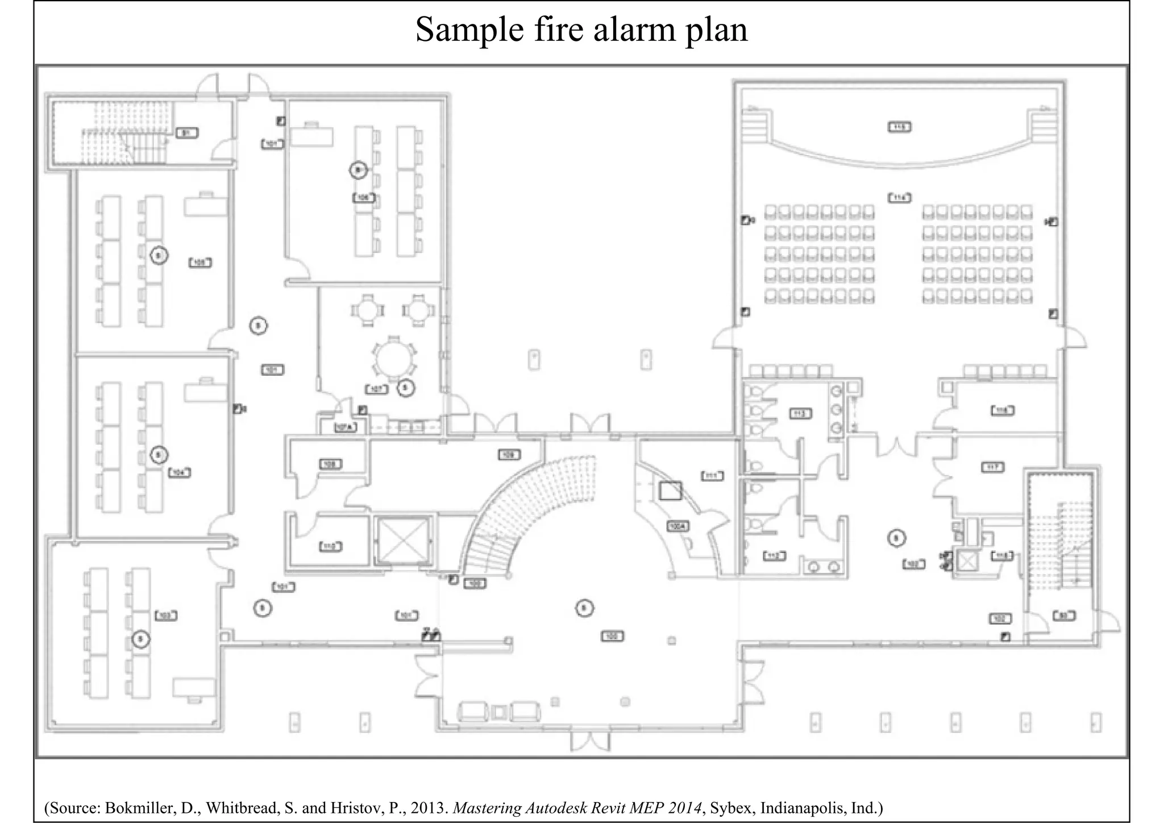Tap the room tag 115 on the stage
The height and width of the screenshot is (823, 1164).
899,127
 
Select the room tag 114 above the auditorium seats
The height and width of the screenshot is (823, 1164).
899,198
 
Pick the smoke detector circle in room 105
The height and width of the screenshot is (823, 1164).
159,256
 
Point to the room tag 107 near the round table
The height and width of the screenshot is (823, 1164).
377,389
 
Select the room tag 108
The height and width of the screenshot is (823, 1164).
330,464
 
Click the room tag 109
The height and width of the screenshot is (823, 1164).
509,455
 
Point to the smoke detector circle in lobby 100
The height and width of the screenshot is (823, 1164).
584,608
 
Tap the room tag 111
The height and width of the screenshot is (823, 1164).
712,476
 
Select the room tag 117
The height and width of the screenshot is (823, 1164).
993,467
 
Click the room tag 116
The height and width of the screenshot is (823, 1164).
1002,410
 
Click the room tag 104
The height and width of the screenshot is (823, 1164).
179,472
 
